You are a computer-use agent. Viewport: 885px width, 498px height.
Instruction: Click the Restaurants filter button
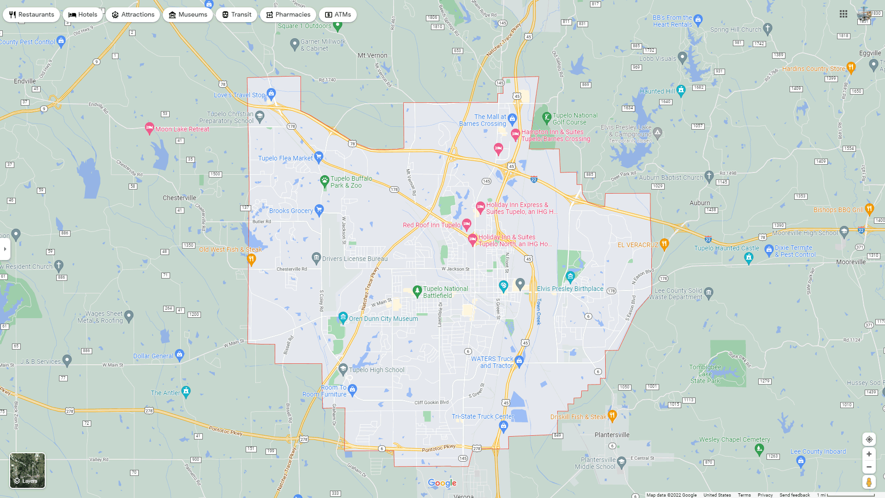[31, 15]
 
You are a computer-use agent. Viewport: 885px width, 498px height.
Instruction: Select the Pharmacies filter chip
[288, 15]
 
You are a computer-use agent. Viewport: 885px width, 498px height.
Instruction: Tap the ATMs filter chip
[338, 15]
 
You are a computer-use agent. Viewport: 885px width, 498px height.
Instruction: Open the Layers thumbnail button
[28, 470]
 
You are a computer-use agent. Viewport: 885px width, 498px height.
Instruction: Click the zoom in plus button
[869, 454]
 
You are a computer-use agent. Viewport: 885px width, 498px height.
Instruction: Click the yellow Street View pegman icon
[869, 482]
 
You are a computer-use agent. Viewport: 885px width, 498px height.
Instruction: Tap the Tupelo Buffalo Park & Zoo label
[351, 182]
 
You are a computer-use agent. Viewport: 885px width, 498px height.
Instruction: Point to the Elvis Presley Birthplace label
[570, 289]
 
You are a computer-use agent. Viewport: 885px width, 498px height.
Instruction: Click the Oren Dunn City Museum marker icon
[343, 317]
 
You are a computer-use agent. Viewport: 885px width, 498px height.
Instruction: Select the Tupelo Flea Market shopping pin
[319, 157]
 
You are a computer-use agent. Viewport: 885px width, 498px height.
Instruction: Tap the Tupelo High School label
[377, 370]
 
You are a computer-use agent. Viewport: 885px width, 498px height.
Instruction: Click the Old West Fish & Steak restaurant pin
[251, 260]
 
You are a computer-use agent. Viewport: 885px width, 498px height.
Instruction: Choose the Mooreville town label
[851, 262]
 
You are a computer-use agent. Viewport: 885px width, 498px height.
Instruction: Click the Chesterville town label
[179, 198]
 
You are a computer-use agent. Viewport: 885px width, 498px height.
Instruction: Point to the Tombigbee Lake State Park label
[705, 374]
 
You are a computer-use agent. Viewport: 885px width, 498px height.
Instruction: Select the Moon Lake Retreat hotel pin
[149, 128]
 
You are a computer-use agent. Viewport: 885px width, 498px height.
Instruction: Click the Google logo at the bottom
[442, 483]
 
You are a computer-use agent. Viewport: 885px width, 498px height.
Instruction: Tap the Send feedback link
[794, 495]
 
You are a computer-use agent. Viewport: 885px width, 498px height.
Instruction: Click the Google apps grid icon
[844, 14]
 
